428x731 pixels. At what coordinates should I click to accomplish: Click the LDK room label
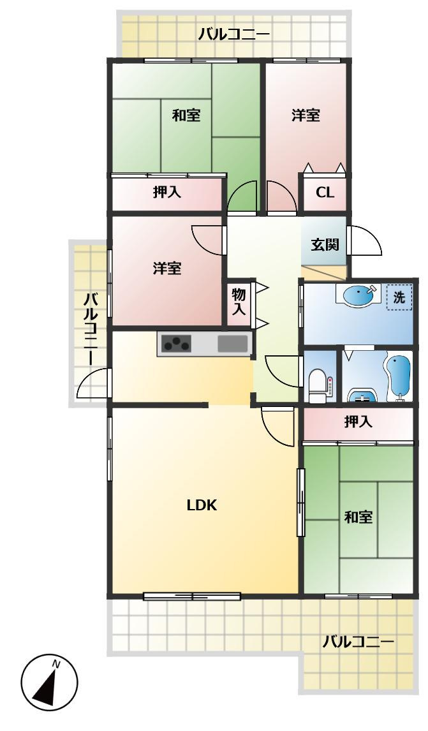click(202, 506)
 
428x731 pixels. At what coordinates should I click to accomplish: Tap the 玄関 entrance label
click(324, 244)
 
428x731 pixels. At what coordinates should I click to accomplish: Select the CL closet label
click(325, 193)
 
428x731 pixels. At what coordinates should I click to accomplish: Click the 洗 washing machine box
click(399, 298)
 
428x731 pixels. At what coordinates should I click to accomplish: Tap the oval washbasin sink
click(360, 296)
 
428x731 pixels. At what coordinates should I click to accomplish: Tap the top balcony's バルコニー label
click(233, 34)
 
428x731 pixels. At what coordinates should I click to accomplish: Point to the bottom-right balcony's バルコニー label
click(358, 640)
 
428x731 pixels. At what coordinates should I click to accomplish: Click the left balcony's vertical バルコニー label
click(91, 328)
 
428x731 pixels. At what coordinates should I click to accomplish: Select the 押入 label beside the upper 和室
click(167, 192)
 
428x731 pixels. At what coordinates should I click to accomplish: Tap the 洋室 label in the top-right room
click(306, 115)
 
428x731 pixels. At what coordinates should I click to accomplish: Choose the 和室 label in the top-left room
click(186, 115)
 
